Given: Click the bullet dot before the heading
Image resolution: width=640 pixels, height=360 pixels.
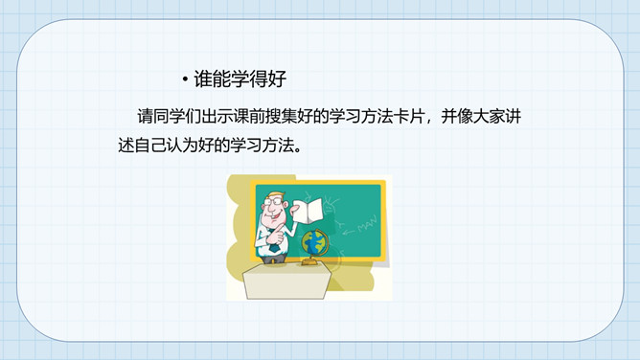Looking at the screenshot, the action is click(185, 79).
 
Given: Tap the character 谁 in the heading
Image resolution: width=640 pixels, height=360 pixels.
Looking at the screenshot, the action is click(203, 79).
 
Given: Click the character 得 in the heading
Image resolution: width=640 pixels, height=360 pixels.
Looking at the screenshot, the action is click(259, 79).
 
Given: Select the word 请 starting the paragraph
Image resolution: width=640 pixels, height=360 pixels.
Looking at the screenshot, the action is click(145, 117).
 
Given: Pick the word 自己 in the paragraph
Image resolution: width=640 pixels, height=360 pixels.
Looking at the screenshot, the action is click(149, 146).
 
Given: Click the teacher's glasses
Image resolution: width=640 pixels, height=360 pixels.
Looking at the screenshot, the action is click(273, 201).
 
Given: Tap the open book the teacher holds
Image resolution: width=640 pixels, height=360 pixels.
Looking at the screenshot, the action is click(309, 211).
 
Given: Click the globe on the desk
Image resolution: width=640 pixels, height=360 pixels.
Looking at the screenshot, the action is click(314, 242).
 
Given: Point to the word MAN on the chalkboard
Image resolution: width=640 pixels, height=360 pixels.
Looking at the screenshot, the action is click(367, 225).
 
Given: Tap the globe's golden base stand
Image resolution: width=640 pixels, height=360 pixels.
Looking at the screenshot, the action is click(311, 261).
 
